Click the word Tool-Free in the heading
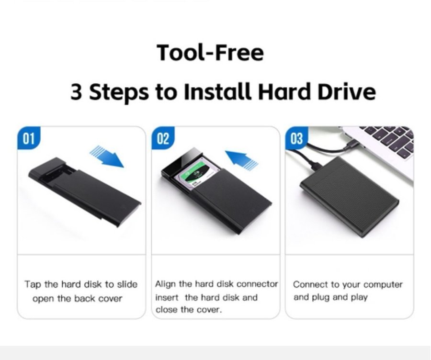[x=210, y=53]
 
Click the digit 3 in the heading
[x=76, y=91]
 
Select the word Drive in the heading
[x=347, y=91]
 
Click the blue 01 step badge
[x=29, y=138]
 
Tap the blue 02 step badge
[x=163, y=138]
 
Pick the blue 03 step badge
[x=296, y=138]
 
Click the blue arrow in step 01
[x=107, y=157]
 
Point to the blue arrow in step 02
[x=242, y=159]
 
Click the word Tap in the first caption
[x=33, y=284]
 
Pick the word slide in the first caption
[x=127, y=284]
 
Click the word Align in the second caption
[x=166, y=284]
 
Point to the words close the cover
[x=189, y=310]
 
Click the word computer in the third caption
[x=383, y=285]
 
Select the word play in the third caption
[x=359, y=298]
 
